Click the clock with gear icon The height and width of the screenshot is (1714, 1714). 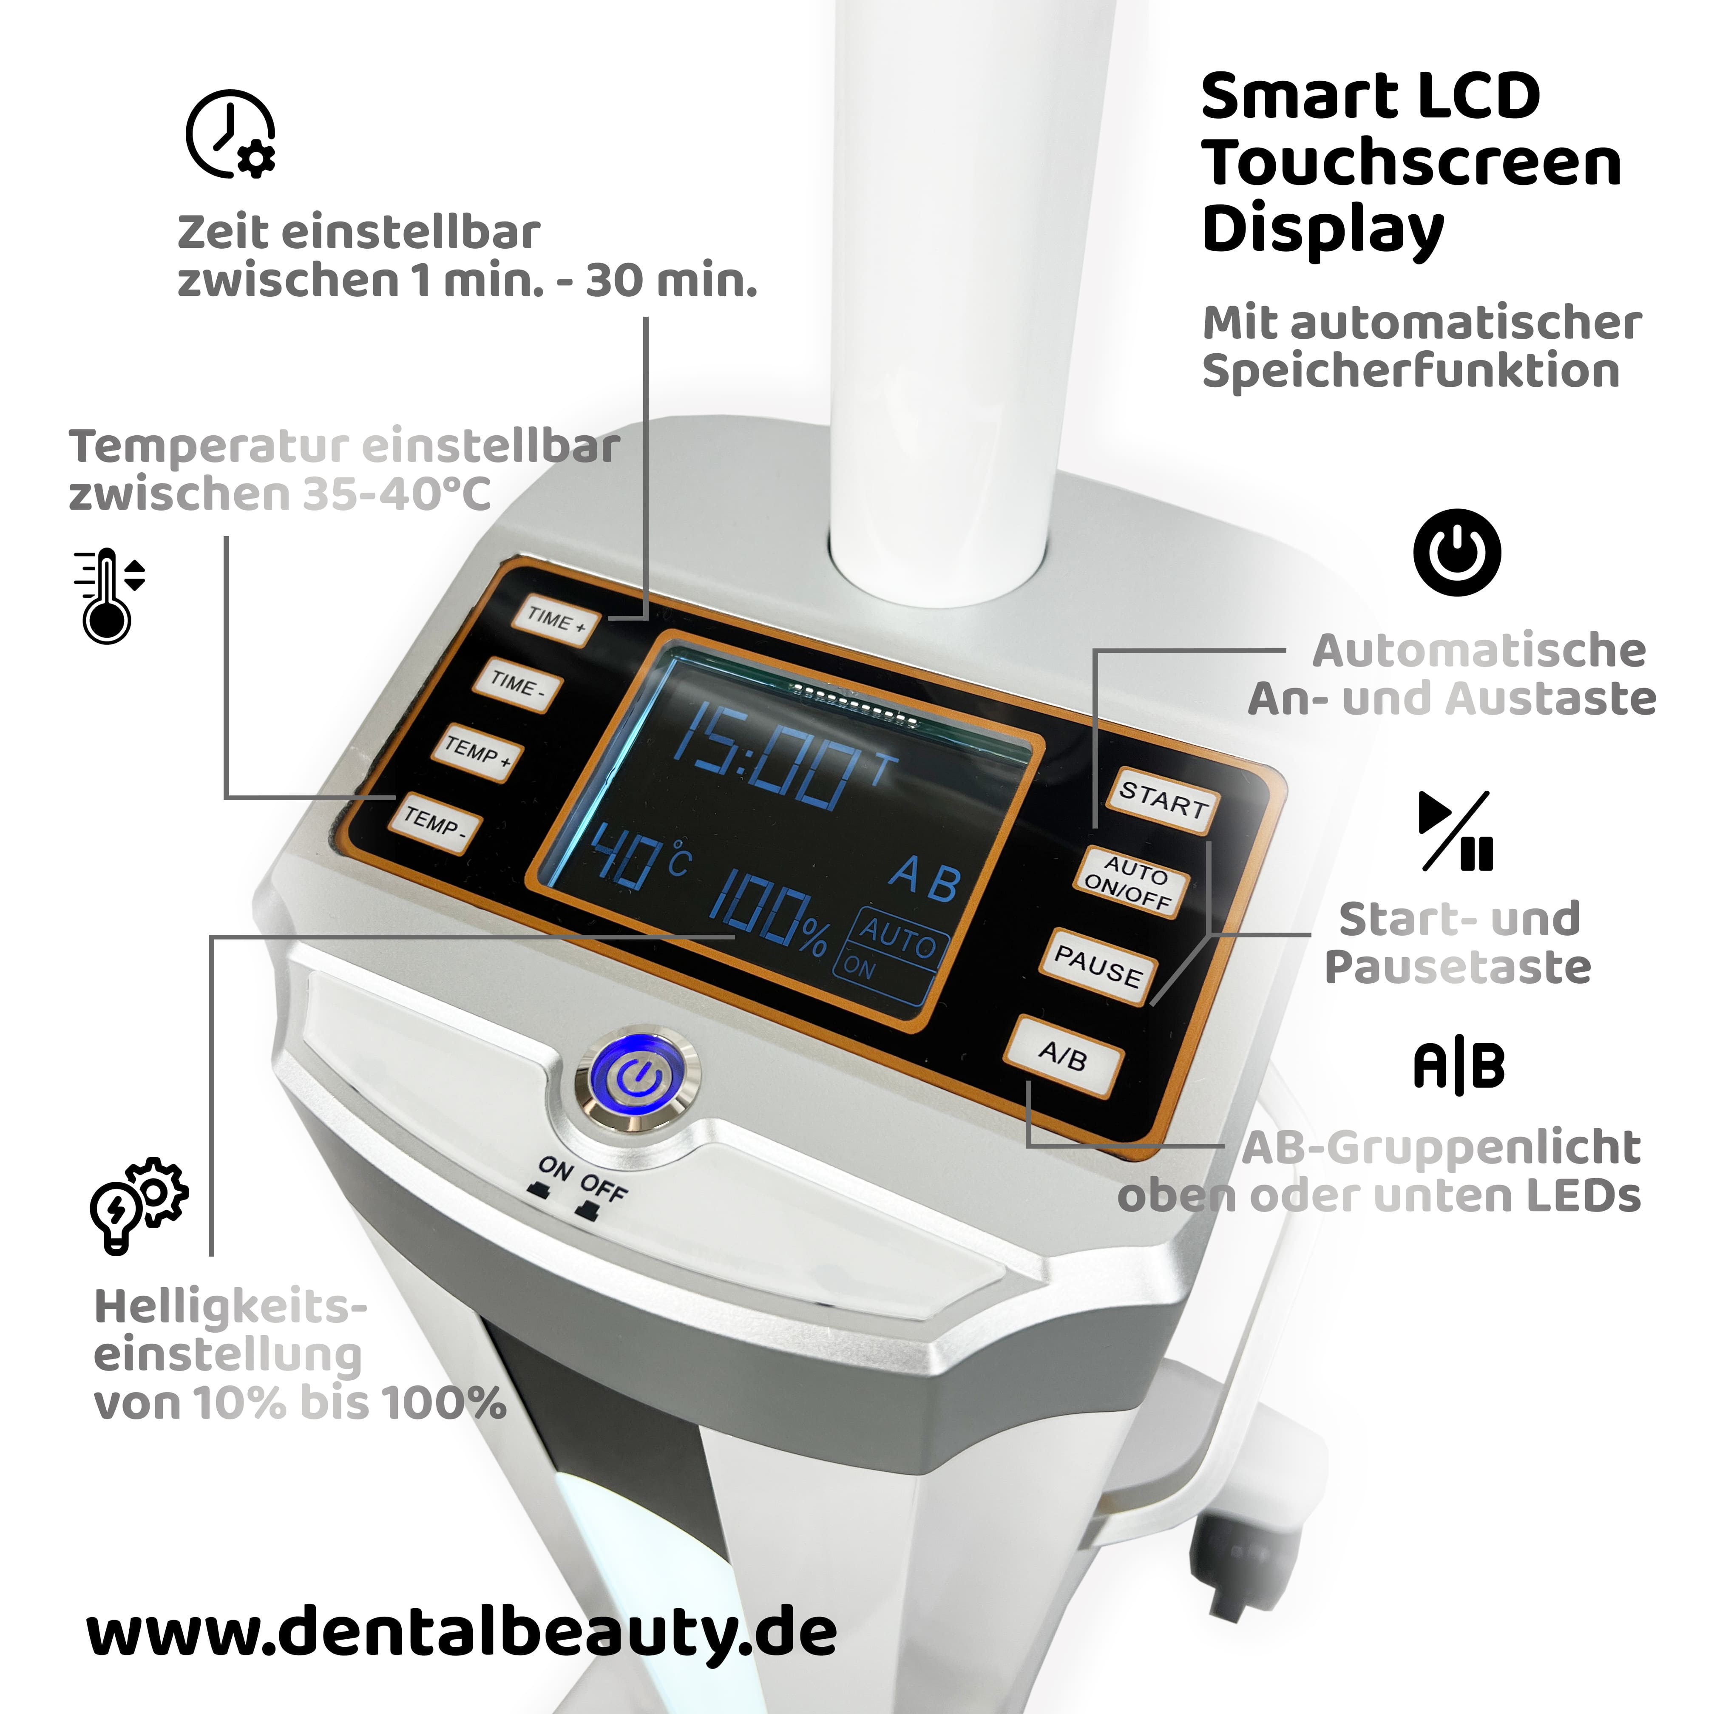[231, 133]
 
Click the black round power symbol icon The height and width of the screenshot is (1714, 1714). [1457, 552]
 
